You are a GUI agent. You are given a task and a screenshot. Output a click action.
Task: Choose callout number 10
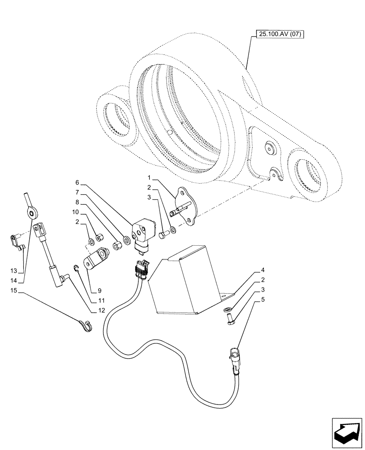click(77, 211)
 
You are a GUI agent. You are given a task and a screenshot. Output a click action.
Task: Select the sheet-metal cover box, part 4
click(189, 283)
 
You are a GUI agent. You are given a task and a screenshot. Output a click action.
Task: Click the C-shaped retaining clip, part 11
click(78, 270)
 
